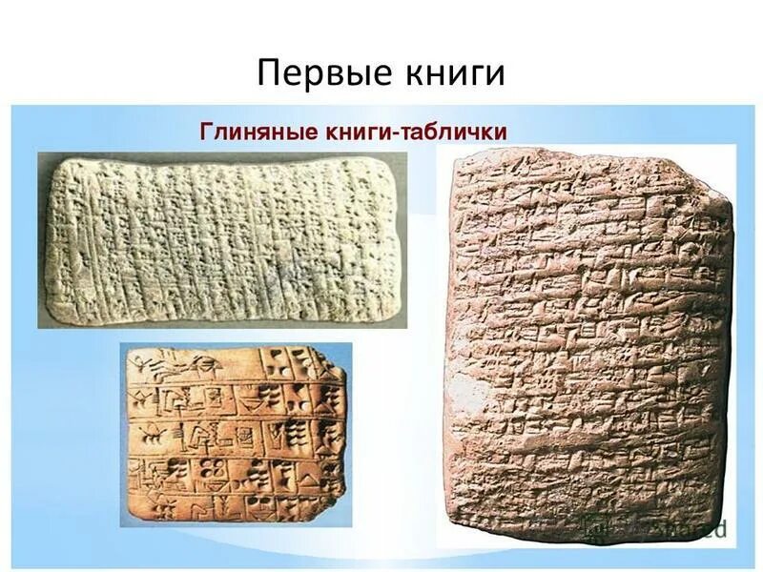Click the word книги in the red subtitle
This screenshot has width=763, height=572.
click(354, 132)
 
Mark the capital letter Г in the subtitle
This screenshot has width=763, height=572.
click(204, 132)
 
